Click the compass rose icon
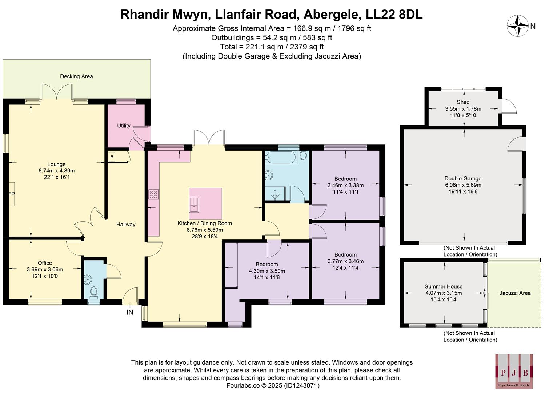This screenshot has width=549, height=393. point(517,26)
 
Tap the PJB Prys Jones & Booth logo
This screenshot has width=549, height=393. point(514,371)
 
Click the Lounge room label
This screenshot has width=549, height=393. point(56,164)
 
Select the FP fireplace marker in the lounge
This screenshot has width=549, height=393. point(11,194)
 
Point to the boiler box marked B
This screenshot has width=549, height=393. point(112,157)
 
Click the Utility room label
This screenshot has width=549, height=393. point(124,126)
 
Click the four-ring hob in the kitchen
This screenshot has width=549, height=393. point(153,194)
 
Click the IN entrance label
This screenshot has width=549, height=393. point(130,312)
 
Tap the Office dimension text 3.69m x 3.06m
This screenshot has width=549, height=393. point(45,270)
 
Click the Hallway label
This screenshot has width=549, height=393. point(126,225)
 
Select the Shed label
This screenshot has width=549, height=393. point(463,102)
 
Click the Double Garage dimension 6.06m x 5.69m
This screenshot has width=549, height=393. point(463,185)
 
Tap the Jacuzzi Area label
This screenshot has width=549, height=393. point(515,293)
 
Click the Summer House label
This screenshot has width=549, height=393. point(443,286)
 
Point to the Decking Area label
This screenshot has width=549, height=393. point(76,76)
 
